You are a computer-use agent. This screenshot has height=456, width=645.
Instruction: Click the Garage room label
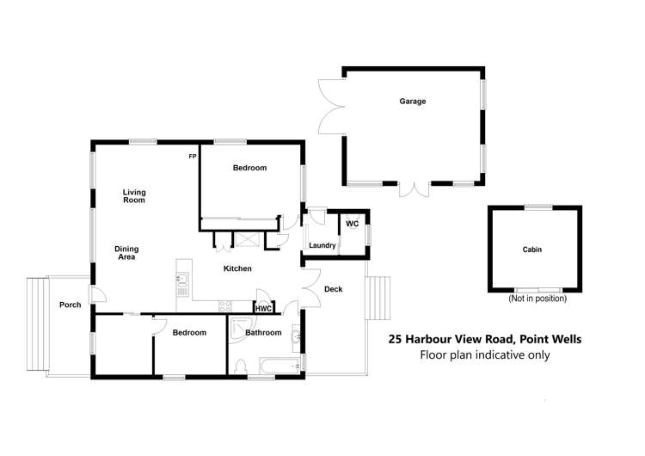[x=412, y=101]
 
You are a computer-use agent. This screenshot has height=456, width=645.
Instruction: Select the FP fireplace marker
[x=193, y=156]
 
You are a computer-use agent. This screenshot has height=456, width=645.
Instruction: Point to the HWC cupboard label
[x=263, y=308]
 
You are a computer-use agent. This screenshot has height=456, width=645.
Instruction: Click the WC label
[x=352, y=224]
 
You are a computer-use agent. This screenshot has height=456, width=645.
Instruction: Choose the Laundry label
[x=322, y=245]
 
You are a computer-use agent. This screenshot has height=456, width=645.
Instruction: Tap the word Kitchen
[x=237, y=268]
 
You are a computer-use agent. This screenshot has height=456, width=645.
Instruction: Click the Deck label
[x=333, y=289]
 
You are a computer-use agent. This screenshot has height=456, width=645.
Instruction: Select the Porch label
[x=70, y=305]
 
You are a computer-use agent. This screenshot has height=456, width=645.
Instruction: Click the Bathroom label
[x=263, y=332]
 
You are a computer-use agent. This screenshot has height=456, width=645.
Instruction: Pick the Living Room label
[x=133, y=196]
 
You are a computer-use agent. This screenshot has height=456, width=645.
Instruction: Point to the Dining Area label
[x=126, y=253]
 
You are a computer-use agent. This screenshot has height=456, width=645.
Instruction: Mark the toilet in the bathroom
[x=240, y=367]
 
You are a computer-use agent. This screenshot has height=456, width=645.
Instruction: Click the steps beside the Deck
[x=378, y=297]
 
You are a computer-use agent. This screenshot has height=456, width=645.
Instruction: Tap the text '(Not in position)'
[x=537, y=299]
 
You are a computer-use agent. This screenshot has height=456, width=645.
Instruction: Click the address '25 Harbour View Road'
[x=452, y=339]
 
